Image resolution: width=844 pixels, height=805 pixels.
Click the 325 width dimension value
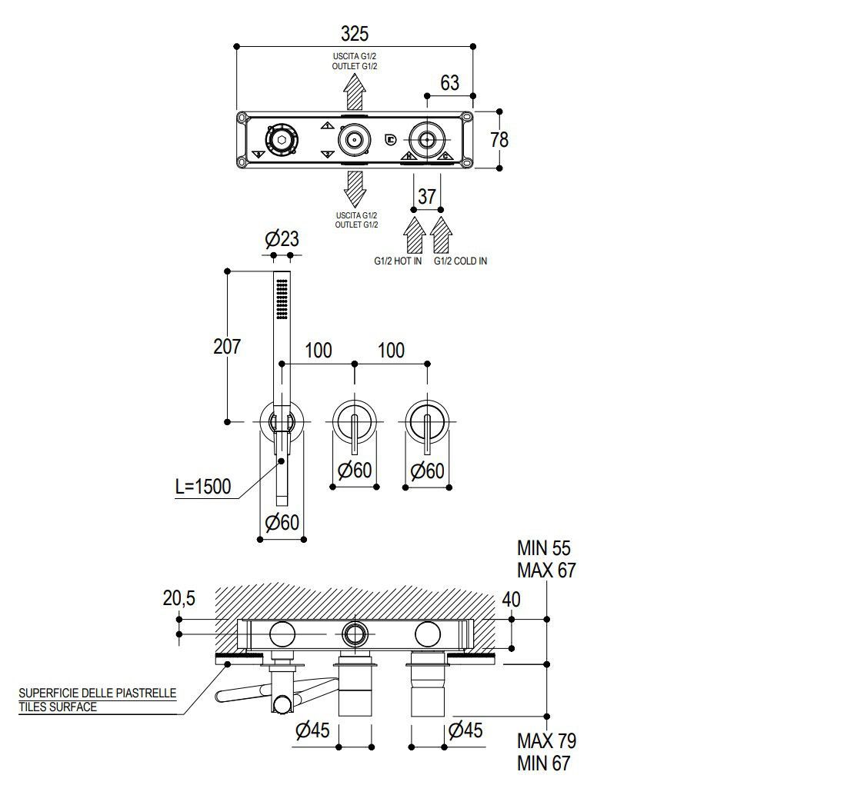click(355, 34)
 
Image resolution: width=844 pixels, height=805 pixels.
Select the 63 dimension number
click(450, 83)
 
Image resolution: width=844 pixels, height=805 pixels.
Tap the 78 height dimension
click(499, 140)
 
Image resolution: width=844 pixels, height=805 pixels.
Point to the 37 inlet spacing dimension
click(427, 197)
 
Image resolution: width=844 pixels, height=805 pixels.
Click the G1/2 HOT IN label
click(398, 261)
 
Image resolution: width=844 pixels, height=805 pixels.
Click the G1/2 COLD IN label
click(460, 261)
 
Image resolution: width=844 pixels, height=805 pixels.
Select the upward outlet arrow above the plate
click(355, 92)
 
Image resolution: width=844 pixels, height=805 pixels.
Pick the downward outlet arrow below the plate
click(355, 188)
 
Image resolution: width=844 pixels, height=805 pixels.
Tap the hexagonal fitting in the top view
click(281, 140)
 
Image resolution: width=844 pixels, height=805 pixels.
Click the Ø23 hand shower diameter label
click(282, 238)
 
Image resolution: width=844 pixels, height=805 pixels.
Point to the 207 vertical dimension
click(227, 347)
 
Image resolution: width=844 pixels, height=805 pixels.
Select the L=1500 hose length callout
click(203, 487)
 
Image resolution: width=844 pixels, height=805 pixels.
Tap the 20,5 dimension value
click(179, 598)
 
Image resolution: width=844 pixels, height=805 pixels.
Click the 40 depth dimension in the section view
click(511, 600)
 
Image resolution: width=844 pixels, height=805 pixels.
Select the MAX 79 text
click(547, 741)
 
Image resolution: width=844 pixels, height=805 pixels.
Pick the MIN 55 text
click(544, 548)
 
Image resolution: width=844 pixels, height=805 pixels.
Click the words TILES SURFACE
click(58, 707)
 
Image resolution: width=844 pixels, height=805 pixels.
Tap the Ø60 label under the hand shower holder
click(282, 522)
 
